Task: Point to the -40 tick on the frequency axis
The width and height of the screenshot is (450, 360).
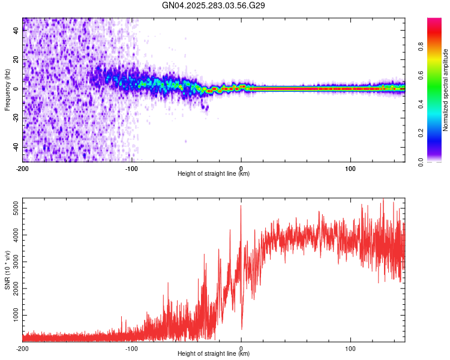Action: point(15,147)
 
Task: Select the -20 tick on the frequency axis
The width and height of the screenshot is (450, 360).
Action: point(15,118)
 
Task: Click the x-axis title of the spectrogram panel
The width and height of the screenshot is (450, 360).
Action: point(214,174)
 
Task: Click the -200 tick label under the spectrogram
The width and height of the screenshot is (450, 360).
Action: point(22,167)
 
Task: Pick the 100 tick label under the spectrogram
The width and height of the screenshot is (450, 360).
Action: point(350,167)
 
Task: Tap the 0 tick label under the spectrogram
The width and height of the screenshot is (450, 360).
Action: point(241,167)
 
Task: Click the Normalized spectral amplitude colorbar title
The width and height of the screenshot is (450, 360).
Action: point(445,90)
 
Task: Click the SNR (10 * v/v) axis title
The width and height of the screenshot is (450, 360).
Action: point(7,270)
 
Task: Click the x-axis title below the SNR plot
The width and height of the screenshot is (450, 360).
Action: point(214,355)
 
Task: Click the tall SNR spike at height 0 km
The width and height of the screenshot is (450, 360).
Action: point(241,208)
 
